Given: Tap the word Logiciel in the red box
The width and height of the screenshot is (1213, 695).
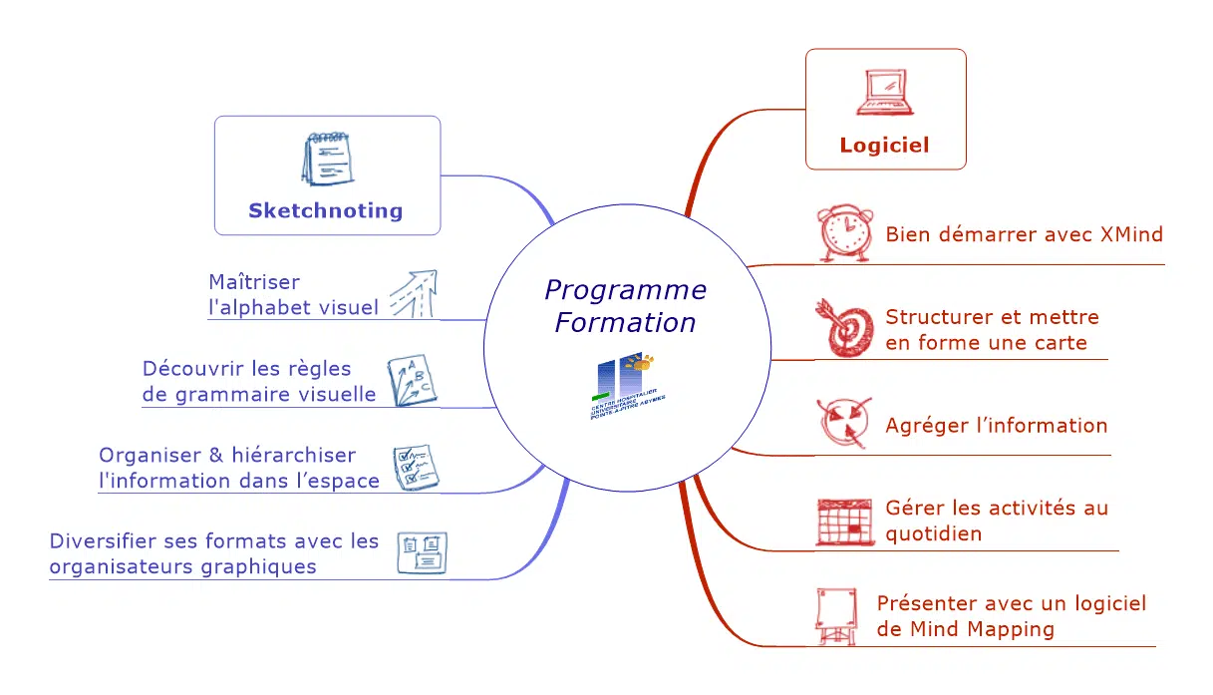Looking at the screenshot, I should tap(885, 145).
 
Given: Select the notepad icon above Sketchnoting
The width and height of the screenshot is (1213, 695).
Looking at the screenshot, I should tap(326, 159).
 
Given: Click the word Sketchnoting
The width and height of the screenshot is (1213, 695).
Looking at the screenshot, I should tap(326, 210).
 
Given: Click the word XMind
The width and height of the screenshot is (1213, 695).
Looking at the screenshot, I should tap(1131, 234).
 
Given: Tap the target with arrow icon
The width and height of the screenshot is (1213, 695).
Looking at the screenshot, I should tap(843, 327).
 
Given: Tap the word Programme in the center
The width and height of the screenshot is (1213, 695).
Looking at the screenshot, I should tap(625, 290).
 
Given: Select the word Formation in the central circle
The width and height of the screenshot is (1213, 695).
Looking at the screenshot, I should tap(625, 323).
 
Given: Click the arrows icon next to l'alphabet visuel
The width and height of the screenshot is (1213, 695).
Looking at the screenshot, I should tap(412, 294).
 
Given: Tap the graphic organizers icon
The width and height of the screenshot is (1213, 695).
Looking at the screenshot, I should tap(422, 553).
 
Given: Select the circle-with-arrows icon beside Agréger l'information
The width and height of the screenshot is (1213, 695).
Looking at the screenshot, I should tap(843, 424).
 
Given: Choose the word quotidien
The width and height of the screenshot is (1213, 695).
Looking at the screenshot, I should tap(933, 533).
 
